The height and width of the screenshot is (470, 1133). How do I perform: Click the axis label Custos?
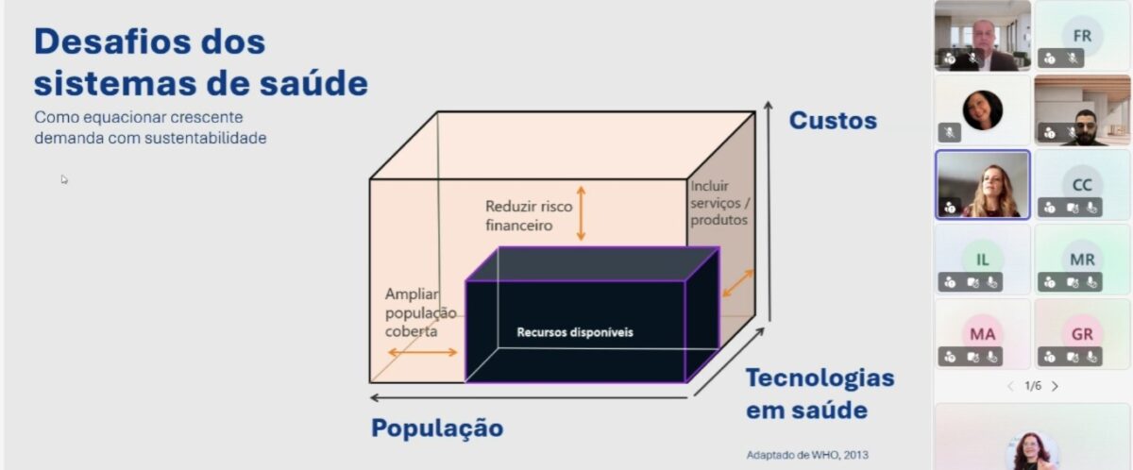(x=833, y=121)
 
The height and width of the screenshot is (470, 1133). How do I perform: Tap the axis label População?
(x=437, y=428)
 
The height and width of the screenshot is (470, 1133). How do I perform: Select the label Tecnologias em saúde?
(x=820, y=394)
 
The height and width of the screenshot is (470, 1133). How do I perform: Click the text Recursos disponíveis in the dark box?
(x=575, y=332)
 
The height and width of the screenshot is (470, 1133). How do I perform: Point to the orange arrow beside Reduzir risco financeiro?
(x=582, y=213)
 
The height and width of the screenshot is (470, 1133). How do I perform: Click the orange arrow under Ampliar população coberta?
(x=422, y=352)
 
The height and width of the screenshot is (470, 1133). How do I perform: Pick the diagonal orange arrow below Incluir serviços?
(x=738, y=283)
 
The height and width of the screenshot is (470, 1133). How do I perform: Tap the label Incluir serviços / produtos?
(x=719, y=203)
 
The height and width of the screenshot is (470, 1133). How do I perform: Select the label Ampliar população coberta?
(x=420, y=312)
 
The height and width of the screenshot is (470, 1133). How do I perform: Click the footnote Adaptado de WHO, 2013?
(x=807, y=455)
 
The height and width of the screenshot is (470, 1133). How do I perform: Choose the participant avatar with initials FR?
(x=1082, y=36)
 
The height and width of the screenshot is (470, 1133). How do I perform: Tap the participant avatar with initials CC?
(x=1082, y=185)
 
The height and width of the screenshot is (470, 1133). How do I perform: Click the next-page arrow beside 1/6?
(x=1055, y=386)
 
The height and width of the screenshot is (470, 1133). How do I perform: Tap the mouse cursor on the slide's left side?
(x=64, y=178)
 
